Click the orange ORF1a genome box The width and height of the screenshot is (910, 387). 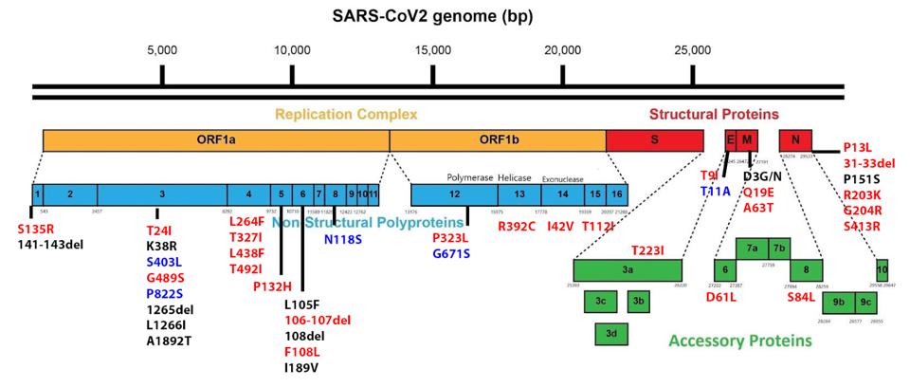(216, 139)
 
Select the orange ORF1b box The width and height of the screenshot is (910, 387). (498, 139)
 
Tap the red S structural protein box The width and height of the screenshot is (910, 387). (654, 139)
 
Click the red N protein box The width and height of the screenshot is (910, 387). (794, 139)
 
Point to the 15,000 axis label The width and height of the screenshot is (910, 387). (433, 50)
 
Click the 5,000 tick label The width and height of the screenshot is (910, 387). (162, 50)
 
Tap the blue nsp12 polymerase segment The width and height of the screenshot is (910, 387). (455, 194)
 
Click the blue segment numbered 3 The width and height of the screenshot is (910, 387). (162, 193)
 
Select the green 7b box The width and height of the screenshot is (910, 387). (778, 249)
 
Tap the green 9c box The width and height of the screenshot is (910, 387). (865, 303)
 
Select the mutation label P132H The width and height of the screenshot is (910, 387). (272, 286)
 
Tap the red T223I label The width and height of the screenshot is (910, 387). (647, 250)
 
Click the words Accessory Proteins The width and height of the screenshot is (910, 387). (740, 340)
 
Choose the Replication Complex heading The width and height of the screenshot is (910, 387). (346, 115)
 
